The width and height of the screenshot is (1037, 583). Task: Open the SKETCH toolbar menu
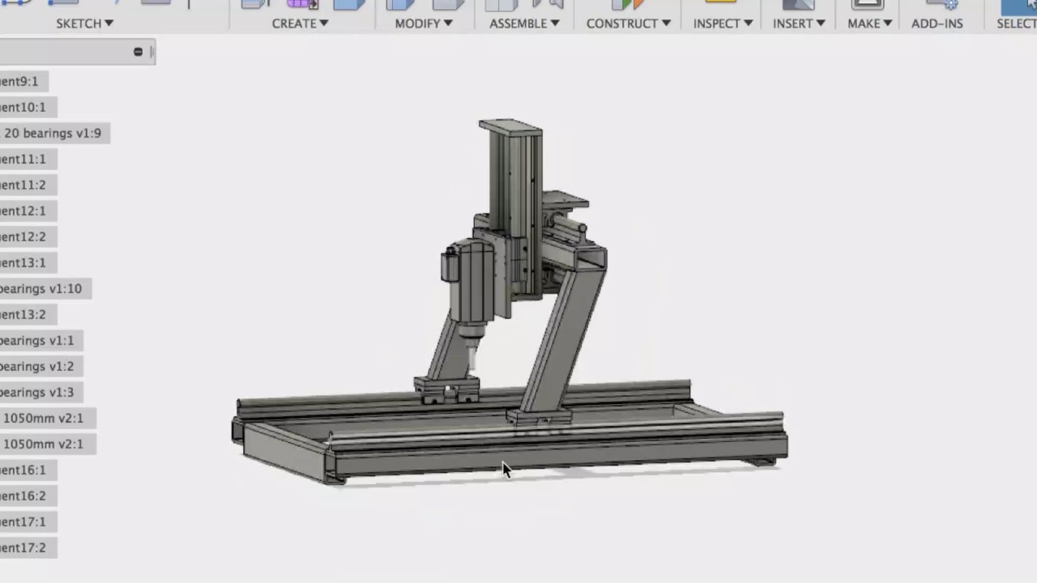coord(84,23)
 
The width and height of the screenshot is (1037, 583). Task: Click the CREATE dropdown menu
coord(300,23)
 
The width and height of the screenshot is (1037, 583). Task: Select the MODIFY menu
coord(423,23)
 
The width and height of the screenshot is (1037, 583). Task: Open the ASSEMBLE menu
coord(524,23)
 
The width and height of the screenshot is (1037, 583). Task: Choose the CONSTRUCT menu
coord(628,23)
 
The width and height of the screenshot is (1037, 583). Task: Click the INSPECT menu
coord(723,23)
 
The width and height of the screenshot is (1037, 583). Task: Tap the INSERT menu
coord(799,23)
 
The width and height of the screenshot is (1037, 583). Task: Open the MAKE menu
coord(869,23)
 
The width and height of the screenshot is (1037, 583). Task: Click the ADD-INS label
coord(937,23)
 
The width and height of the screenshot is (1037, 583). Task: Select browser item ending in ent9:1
coord(19,81)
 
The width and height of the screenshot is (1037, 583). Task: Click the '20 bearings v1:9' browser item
coord(52,133)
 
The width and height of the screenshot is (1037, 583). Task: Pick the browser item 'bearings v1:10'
coord(41,288)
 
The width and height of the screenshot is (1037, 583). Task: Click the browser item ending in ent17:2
coord(23,547)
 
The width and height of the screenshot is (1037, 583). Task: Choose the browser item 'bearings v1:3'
coord(36,392)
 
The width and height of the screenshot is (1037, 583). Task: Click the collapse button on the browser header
coord(138,52)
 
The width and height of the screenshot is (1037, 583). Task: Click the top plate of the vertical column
coord(510,127)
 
